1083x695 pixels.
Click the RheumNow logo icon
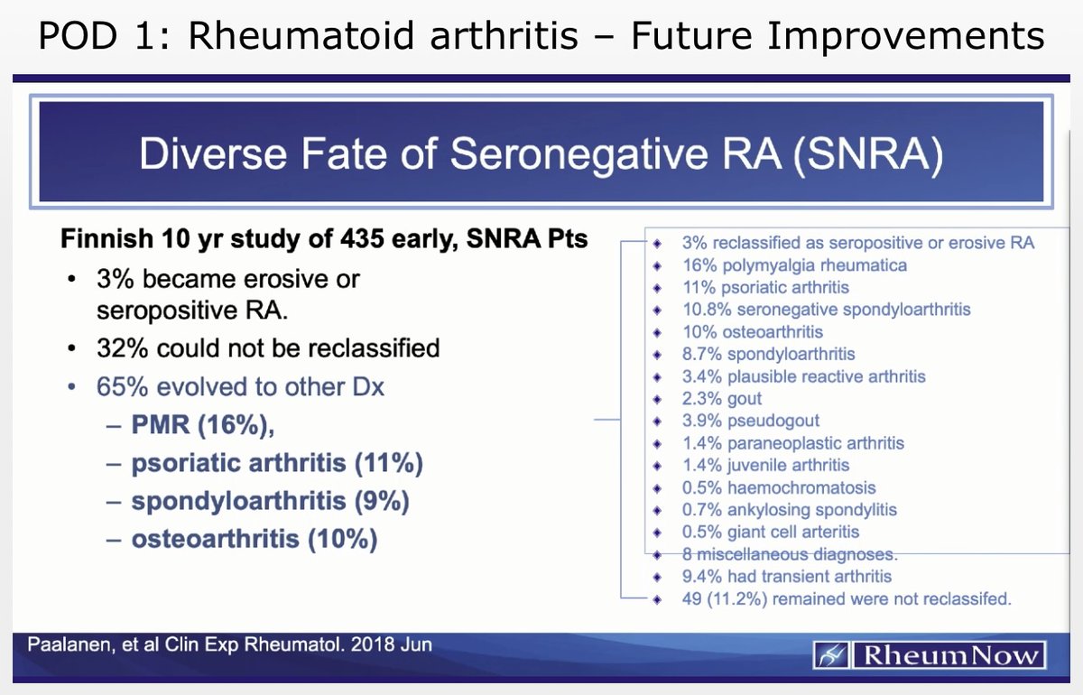pyautogui.click(x=831, y=655)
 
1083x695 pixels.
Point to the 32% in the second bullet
pyautogui.click(x=123, y=347)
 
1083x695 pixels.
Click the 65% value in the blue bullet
pyautogui.click(x=123, y=386)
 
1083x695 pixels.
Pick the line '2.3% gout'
pyautogui.click(x=721, y=399)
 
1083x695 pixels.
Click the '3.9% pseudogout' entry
pyautogui.click(x=750, y=421)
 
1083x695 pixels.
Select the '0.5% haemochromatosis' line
pyautogui.click(x=779, y=487)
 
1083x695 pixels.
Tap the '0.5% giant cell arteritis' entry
pyautogui.click(x=771, y=532)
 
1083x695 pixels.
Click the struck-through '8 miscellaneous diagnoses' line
pyautogui.click(x=790, y=554)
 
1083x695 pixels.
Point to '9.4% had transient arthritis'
pyautogui.click(x=787, y=577)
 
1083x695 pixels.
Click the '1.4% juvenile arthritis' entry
pyautogui.click(x=765, y=465)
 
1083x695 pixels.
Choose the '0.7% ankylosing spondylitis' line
pyautogui.click(x=789, y=510)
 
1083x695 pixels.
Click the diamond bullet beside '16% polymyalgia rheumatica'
pyautogui.click(x=657, y=266)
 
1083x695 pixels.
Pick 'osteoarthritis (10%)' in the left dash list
pyautogui.click(x=255, y=539)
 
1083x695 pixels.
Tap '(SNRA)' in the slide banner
pyautogui.click(x=868, y=154)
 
